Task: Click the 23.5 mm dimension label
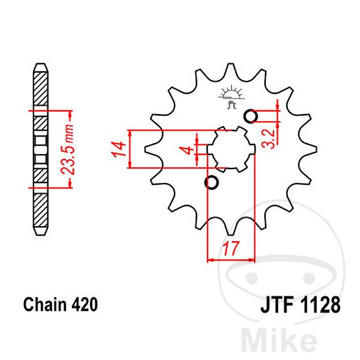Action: [x=67, y=149]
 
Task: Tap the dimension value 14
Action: [x=118, y=149]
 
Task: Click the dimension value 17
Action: [x=231, y=248]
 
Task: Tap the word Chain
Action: [x=45, y=304]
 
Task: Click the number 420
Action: [x=85, y=304]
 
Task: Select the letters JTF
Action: [x=277, y=305]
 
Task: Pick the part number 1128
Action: [x=320, y=305]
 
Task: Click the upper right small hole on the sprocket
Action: [x=251, y=116]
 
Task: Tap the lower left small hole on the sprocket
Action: [x=211, y=182]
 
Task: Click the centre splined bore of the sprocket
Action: [x=231, y=149]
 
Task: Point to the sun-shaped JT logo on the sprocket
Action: [x=231, y=97]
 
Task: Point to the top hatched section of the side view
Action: [x=41, y=89]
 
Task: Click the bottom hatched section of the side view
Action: [x=41, y=210]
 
